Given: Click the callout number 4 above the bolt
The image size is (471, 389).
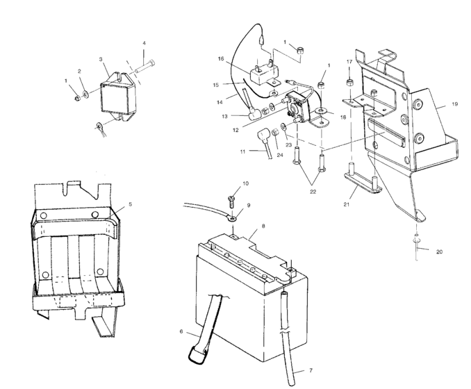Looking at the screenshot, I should point(144,44).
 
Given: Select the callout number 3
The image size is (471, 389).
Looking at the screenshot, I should point(101,60).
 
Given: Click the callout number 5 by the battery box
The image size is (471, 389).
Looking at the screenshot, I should point(130,205).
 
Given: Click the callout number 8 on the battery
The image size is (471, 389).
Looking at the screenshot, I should point(263,226).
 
